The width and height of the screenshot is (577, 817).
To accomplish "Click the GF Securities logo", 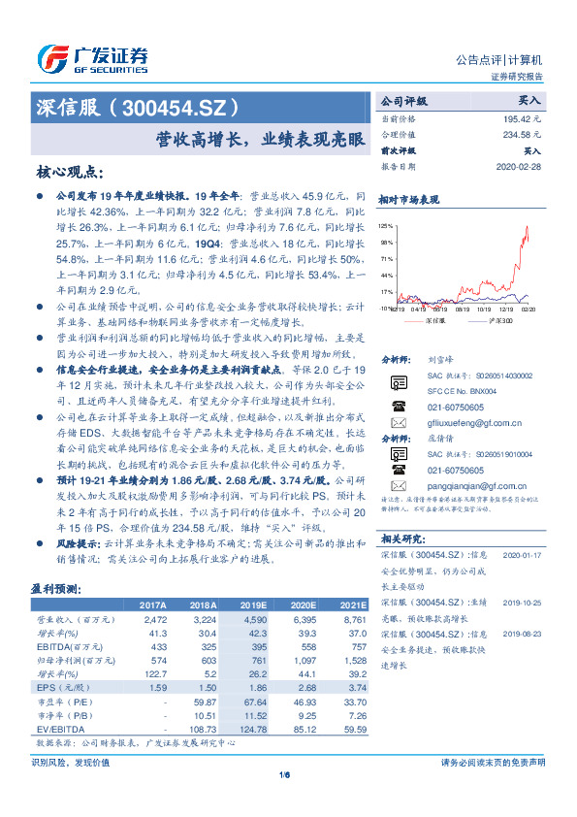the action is [92, 59].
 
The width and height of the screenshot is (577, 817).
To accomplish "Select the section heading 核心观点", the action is [69, 172].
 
